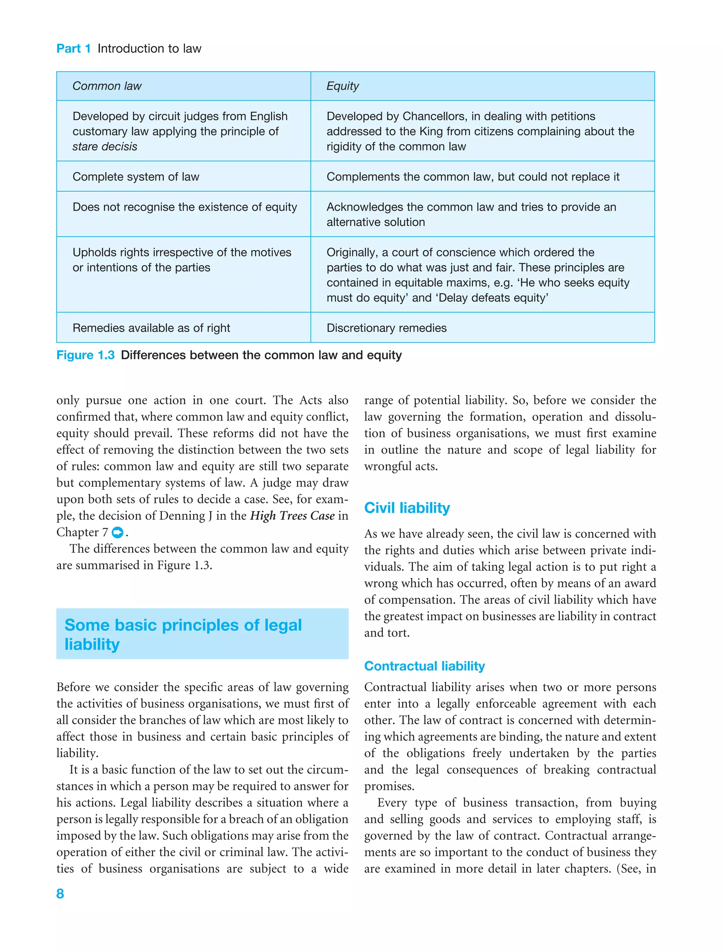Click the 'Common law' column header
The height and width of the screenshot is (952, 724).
click(106, 86)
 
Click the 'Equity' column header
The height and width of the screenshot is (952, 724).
click(342, 86)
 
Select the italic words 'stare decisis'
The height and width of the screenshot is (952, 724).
click(105, 147)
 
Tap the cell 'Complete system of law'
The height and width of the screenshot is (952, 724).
click(136, 177)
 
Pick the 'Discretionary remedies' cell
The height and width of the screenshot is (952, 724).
click(386, 328)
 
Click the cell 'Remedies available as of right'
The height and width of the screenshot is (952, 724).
click(151, 328)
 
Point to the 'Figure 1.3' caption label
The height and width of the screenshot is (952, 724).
click(85, 355)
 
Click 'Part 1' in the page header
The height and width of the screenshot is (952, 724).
click(73, 49)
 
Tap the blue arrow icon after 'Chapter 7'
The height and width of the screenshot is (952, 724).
click(117, 533)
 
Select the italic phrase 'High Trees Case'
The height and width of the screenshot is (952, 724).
click(292, 516)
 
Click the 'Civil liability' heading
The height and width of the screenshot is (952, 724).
click(407, 508)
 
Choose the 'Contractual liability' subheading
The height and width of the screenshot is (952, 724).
click(425, 666)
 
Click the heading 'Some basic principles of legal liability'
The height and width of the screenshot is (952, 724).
click(183, 634)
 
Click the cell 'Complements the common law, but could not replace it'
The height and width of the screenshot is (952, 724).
click(473, 177)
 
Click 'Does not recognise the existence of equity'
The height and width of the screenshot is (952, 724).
click(185, 207)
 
